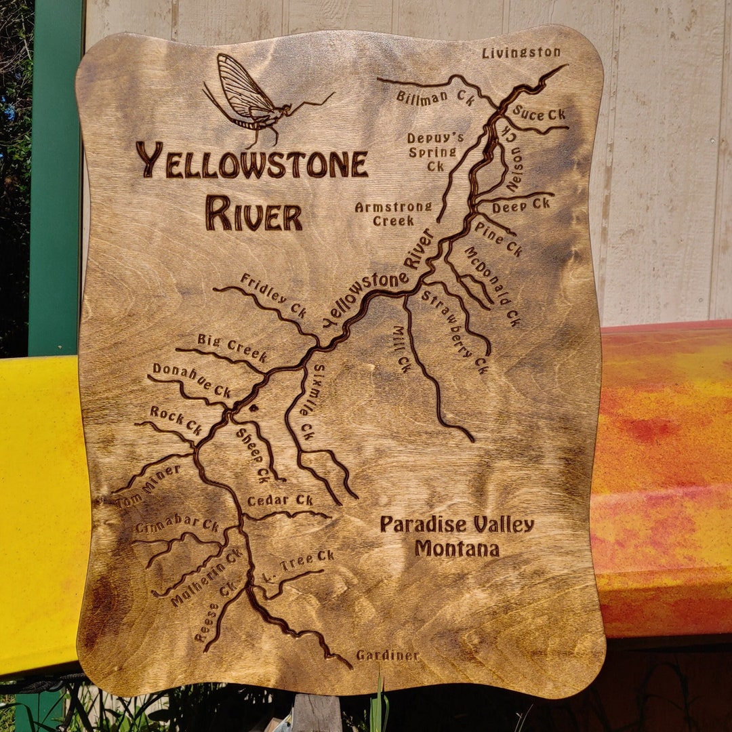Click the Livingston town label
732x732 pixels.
521,52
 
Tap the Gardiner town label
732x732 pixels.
388,655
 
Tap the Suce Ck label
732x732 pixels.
539,113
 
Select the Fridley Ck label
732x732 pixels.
273,296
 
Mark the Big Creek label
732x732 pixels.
232,347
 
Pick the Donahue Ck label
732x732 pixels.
192,380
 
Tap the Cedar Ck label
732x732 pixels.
280,500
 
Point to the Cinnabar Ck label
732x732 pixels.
177,525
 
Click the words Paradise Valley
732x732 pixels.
457,524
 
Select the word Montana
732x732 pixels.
457,548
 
